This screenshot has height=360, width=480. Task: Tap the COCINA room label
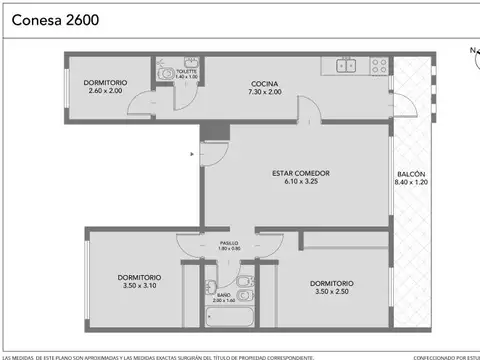click(x=264, y=83)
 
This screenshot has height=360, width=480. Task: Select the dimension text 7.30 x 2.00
click(x=264, y=92)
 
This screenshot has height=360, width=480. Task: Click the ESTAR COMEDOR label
click(x=300, y=173)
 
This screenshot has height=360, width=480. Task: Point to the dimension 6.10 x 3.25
click(x=300, y=182)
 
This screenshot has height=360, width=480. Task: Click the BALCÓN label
click(x=410, y=173)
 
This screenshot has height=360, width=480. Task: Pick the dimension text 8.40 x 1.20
click(x=410, y=182)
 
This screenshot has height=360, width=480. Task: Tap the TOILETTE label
click(x=187, y=71)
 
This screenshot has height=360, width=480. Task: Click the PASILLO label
click(x=229, y=241)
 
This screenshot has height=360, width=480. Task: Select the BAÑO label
click(x=224, y=294)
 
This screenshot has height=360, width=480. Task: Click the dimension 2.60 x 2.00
click(x=104, y=91)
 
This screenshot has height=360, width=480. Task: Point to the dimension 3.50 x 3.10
click(x=139, y=286)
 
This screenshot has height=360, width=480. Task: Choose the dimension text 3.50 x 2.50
click(x=331, y=291)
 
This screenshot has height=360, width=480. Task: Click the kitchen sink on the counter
click(x=346, y=66)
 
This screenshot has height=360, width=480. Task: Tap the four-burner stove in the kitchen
click(x=379, y=66)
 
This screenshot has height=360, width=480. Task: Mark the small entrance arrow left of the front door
click(x=192, y=154)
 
